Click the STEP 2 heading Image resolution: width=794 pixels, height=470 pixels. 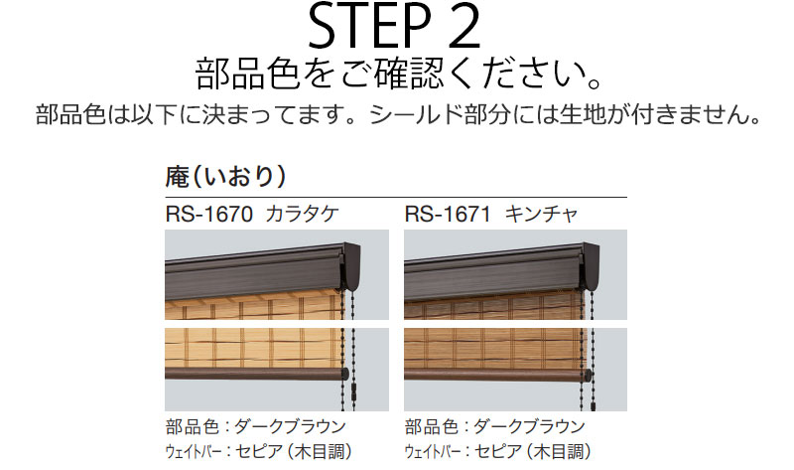pos(394,27)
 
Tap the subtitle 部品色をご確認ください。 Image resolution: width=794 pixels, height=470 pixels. pos(399,75)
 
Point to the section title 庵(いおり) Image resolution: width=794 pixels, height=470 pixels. pos(226,177)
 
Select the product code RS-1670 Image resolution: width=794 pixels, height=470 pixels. pos(208,215)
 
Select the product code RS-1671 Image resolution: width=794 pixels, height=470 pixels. pos(448,215)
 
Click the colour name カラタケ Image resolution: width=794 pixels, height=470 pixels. pos(302,214)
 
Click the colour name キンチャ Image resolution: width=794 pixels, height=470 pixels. pos(541,214)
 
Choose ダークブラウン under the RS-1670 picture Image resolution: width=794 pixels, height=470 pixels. pos(290,426)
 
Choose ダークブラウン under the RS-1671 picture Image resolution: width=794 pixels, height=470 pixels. pos(530,426)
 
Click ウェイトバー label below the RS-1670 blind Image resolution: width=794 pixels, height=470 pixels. pos(193,451)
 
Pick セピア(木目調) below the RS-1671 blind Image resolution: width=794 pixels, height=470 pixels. pos(533,451)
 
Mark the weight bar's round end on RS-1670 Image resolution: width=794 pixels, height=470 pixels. pos(344,375)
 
